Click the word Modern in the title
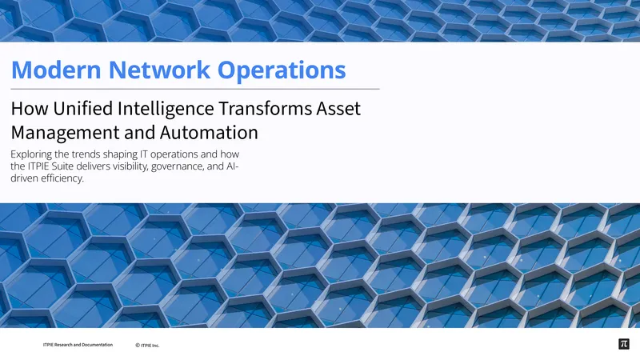[x=56, y=70]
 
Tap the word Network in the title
[x=159, y=70]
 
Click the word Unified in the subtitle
[x=82, y=109]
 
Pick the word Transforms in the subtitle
[x=265, y=109]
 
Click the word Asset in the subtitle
[x=338, y=109]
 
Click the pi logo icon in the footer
[x=624, y=344]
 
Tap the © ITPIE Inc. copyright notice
[x=147, y=346]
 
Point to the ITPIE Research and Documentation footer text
[x=78, y=345]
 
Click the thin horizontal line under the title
[x=195, y=89]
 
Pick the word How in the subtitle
[x=30, y=109]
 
